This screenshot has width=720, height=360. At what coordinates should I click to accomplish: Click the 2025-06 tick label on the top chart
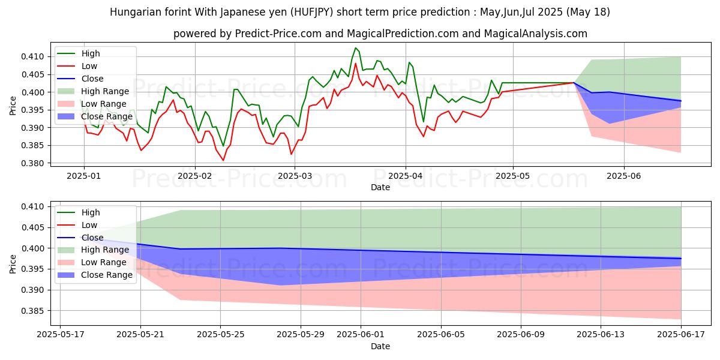point(624,176)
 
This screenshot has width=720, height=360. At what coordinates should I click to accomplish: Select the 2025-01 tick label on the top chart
point(83,176)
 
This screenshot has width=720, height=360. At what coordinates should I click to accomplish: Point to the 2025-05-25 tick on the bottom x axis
point(220,335)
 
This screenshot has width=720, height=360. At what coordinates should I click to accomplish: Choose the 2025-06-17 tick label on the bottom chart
point(682,335)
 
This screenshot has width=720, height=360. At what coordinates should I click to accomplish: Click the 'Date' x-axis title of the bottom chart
point(380,346)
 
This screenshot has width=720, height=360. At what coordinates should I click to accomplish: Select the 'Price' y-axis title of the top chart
point(13,105)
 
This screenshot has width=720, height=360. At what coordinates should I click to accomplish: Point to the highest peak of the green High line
point(356,48)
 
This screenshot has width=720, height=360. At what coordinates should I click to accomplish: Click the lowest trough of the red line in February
point(223,160)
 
